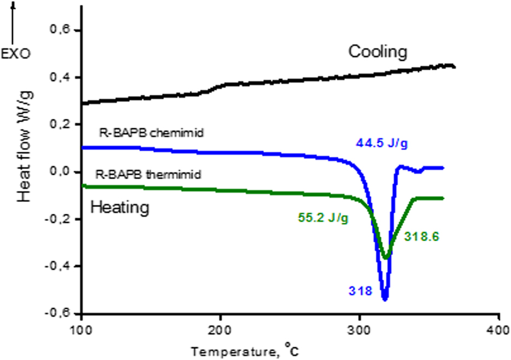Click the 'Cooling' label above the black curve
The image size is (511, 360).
pyautogui.click(x=378, y=52)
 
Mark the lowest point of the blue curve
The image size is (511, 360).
pyautogui.click(x=385, y=299)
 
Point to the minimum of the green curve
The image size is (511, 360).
pyautogui.click(x=387, y=258)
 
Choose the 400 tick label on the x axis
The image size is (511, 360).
pyautogui.click(x=498, y=332)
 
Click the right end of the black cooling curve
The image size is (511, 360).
pyautogui.click(x=455, y=67)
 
